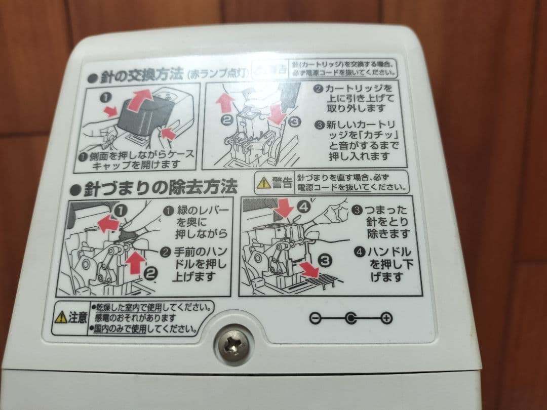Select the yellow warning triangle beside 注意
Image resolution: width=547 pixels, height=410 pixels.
(x=61, y=317)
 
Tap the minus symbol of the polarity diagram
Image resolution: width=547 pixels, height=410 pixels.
(x=315, y=318)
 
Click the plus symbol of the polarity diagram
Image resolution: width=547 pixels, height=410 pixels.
(x=386, y=318)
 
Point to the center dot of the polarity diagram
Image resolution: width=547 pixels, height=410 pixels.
(x=350, y=318)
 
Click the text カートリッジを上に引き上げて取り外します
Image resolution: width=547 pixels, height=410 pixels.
(x=355, y=99)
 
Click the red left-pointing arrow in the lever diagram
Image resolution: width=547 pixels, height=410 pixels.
(x=108, y=222)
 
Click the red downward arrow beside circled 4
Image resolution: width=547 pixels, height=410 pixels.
(x=285, y=209)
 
